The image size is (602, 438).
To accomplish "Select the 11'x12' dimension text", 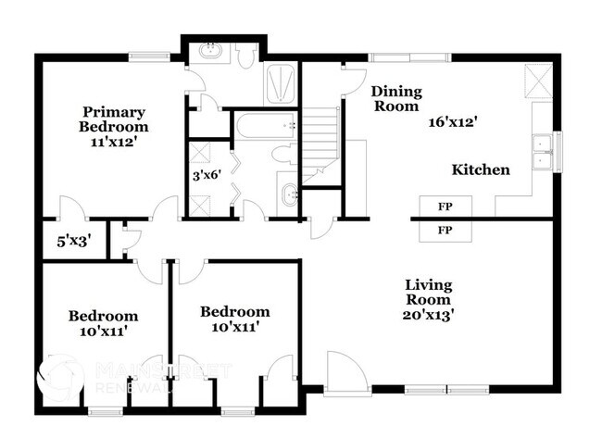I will [x=113, y=143].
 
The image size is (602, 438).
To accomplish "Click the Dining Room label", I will [x=396, y=99].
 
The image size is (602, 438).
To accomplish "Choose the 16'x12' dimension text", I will [x=453, y=121].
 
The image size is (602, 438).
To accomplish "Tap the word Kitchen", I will [x=481, y=169].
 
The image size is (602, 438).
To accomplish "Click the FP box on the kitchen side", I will [x=445, y=205].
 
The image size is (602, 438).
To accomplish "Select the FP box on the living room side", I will [x=445, y=230].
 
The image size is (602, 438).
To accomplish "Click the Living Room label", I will [x=428, y=292].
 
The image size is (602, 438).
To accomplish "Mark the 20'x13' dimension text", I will [x=428, y=314].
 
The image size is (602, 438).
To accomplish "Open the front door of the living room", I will [x=347, y=376].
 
